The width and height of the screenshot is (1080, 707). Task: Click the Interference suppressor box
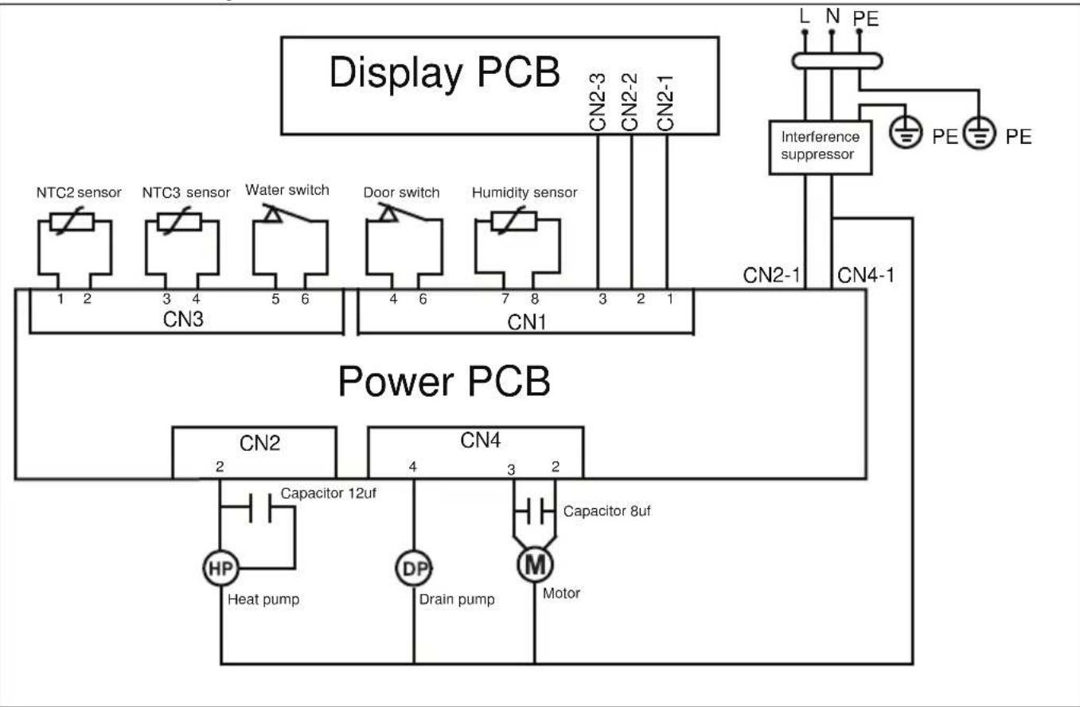click(820, 146)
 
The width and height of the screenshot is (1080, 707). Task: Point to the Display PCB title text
click(444, 72)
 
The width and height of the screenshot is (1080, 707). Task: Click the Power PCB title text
click(444, 381)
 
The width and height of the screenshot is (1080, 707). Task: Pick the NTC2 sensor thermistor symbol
click(72, 222)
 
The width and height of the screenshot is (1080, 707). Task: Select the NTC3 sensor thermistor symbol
click(179, 222)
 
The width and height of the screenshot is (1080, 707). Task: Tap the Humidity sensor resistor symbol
click(513, 221)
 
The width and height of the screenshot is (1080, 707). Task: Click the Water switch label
click(287, 190)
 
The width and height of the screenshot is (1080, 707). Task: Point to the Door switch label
click(402, 192)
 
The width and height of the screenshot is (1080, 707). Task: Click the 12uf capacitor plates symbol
click(260, 507)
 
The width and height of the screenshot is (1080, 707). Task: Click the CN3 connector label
click(183, 319)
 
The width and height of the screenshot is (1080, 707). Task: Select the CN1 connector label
click(527, 322)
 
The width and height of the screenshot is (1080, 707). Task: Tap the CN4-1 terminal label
click(866, 275)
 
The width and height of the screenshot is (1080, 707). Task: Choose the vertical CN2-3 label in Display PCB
click(598, 102)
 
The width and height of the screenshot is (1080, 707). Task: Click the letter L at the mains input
click(804, 17)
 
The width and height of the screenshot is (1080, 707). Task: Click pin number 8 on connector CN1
click(535, 299)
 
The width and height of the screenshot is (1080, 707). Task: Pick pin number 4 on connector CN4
click(413, 467)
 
